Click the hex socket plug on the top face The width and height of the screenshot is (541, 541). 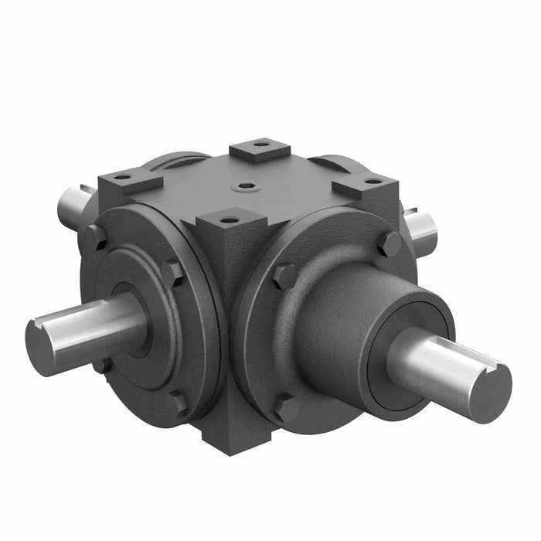[245, 185]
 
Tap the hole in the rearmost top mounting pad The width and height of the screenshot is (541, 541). [261, 143]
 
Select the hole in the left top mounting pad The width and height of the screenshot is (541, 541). [123, 177]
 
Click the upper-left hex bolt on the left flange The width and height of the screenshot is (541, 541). [95, 237]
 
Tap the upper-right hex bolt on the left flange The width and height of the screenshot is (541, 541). [173, 273]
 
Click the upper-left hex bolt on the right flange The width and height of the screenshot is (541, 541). [285, 276]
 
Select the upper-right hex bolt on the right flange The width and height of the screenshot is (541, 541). [389, 244]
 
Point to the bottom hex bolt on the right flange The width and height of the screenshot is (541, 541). [287, 407]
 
